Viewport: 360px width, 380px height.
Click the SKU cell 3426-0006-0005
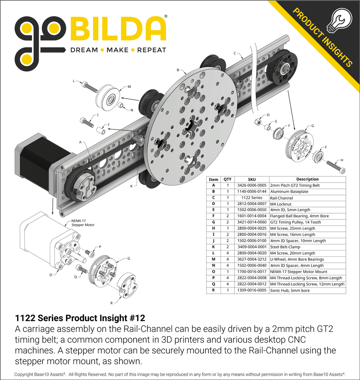tap(252, 185)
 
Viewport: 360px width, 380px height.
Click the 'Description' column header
tap(307, 179)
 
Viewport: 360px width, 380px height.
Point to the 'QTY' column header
tap(228, 179)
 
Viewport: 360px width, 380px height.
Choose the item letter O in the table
tap(213, 272)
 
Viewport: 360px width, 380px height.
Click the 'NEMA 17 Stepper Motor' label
tap(83, 223)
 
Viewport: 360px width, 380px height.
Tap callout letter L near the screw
tap(74, 81)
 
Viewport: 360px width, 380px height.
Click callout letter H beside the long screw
tap(342, 160)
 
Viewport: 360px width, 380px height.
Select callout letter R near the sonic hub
tap(111, 303)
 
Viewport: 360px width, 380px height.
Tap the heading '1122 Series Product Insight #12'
tap(80, 318)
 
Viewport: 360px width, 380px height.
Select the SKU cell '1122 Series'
tap(252, 198)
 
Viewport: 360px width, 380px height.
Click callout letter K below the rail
tap(131, 186)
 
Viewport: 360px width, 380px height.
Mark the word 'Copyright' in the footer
tap(24, 374)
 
